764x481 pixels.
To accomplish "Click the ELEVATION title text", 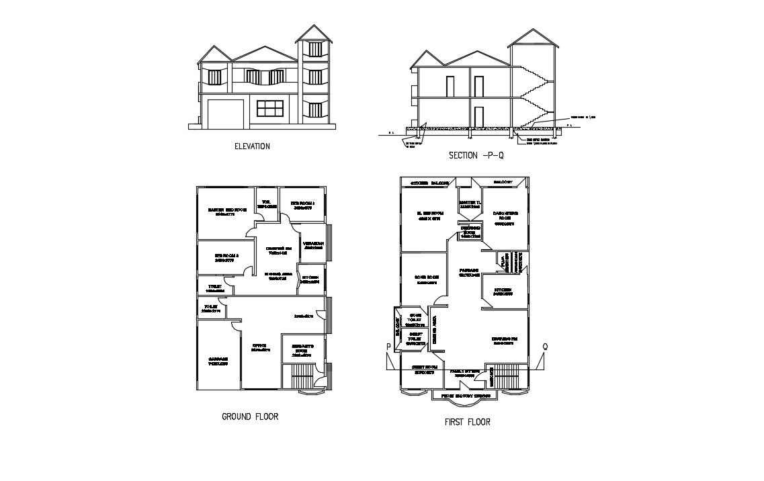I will click(251, 146).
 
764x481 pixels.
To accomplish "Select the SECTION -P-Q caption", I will click(476, 155).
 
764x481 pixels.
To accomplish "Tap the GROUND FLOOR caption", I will click(250, 417).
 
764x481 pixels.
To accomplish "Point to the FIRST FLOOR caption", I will click(467, 422).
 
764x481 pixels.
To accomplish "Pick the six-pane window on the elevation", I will click(271, 108).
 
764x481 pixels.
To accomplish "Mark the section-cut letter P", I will click(388, 347).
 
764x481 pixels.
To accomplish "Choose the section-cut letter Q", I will click(545, 347).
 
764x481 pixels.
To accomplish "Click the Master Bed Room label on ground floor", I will click(224, 212).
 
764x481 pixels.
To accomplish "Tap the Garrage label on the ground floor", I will click(218, 361).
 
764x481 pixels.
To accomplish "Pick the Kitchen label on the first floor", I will click(503, 292).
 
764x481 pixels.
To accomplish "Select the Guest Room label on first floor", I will click(425, 369).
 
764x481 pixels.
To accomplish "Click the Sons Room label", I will click(427, 279).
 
